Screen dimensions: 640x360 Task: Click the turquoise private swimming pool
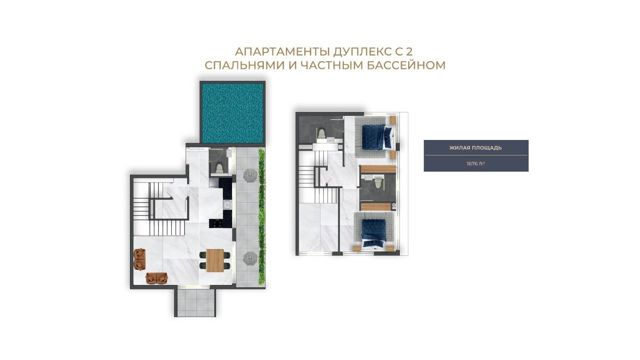tap(232, 113)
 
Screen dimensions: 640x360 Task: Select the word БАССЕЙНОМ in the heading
tap(406, 65)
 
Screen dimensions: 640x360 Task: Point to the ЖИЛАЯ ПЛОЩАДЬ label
tap(476, 148)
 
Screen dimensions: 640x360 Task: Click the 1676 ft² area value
tap(476, 164)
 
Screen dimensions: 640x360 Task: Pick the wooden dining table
tap(215, 260)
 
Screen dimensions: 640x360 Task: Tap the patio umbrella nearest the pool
tap(250, 175)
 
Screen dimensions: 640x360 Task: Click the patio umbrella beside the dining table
tap(250, 258)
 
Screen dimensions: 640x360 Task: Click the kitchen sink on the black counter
tap(227, 205)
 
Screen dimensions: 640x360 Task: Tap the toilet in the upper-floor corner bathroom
tap(322, 134)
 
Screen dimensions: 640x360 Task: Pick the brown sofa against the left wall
tap(140, 259)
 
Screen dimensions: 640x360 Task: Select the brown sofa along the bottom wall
tap(156, 278)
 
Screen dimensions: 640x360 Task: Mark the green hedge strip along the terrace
tap(262, 217)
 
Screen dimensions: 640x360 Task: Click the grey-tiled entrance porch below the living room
tap(195, 302)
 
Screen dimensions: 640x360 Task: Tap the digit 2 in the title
tap(409, 52)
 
